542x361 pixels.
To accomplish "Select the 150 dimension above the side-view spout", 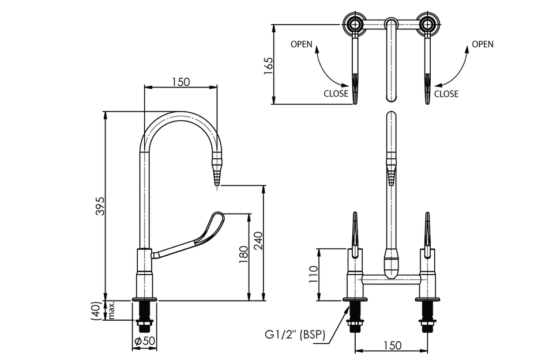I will click(x=180, y=82).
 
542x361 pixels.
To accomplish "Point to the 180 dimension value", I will click(x=243, y=252).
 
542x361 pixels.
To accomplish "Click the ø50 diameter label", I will click(x=145, y=341).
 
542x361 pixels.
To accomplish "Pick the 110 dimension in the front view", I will click(x=313, y=274).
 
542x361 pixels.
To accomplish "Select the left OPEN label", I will click(x=302, y=44).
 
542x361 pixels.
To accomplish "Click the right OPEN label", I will click(x=483, y=44).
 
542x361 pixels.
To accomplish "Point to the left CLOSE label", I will click(x=336, y=93).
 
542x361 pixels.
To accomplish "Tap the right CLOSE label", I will click(x=446, y=93).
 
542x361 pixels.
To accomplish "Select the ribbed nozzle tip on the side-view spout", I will click(x=217, y=173).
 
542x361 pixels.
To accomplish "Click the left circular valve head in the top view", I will click(x=353, y=24).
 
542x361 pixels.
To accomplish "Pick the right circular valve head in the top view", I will click(x=428, y=24).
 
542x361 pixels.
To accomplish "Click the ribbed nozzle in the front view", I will click(x=391, y=170).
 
